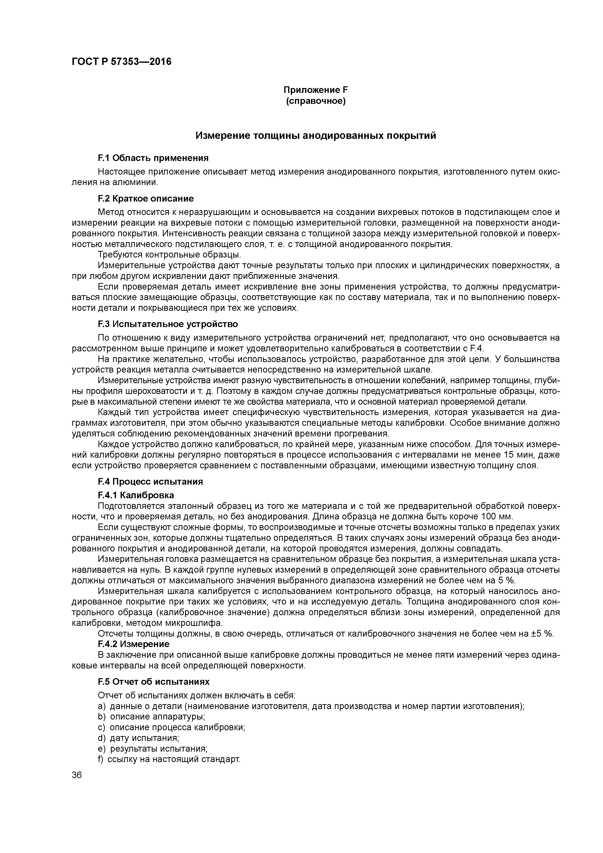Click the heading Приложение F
(315, 90)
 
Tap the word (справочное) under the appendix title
(315, 101)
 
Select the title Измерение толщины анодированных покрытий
(315, 136)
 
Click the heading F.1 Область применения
(153, 158)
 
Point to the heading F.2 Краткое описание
(146, 199)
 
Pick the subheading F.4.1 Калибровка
(136, 495)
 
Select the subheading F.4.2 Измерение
(134, 644)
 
